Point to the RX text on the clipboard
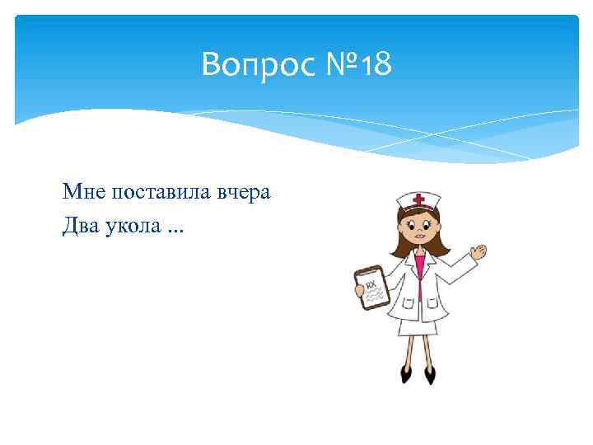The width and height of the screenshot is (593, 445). (371, 286)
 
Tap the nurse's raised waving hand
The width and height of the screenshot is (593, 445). (477, 252)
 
